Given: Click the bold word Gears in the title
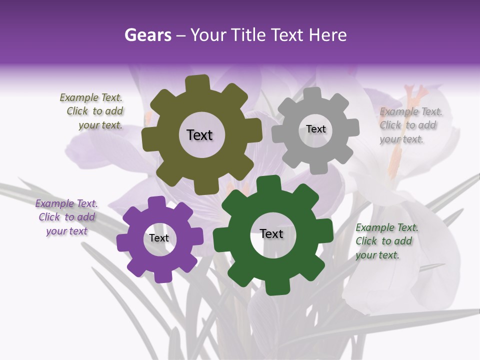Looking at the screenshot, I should (x=148, y=35).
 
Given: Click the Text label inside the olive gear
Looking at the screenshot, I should (x=199, y=135).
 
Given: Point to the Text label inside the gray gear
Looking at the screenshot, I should (x=315, y=129).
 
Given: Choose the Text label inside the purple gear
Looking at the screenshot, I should (x=159, y=238).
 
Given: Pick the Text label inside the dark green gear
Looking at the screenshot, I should (x=271, y=234).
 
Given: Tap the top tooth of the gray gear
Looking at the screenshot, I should (x=312, y=94).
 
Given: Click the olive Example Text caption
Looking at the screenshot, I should (x=91, y=111).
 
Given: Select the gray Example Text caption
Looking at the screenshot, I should (x=410, y=125).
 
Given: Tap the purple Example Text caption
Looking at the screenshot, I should (x=66, y=217).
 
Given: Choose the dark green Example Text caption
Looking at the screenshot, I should (x=386, y=241).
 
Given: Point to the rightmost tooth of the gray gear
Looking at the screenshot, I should (x=352, y=127).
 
